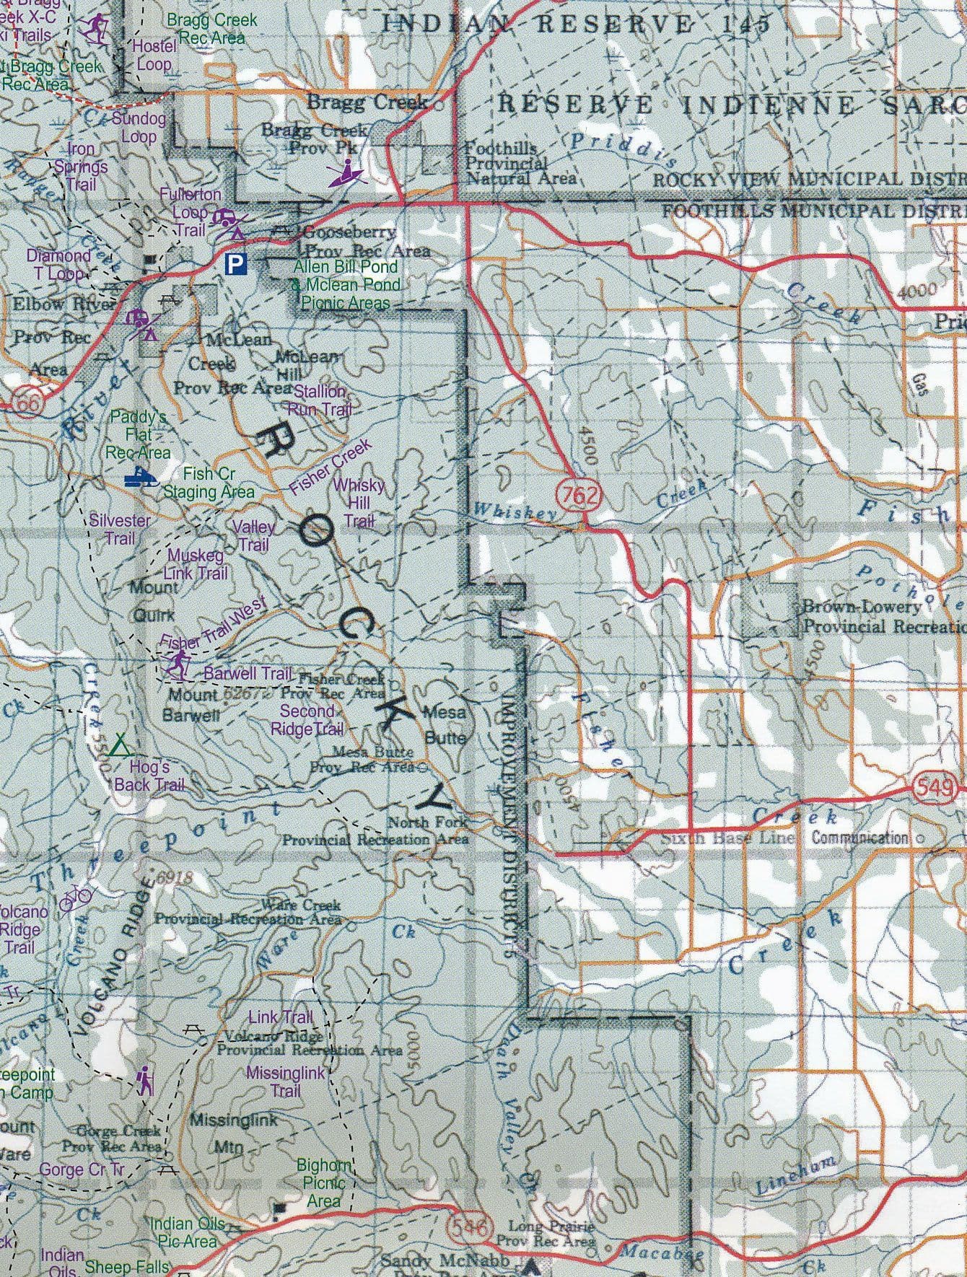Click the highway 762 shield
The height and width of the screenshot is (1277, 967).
click(x=577, y=495)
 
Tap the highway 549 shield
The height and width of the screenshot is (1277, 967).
click(x=936, y=789)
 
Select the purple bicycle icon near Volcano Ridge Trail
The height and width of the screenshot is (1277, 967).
click(x=76, y=898)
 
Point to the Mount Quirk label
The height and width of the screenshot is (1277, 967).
click(x=154, y=601)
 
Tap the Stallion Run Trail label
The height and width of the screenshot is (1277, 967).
click(x=320, y=400)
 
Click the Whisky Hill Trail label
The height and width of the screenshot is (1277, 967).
click(x=359, y=502)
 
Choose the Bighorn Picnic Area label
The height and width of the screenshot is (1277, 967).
click(x=324, y=1182)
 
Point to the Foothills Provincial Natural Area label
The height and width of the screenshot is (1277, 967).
click(x=520, y=162)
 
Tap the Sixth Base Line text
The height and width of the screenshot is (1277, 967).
click(x=727, y=838)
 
